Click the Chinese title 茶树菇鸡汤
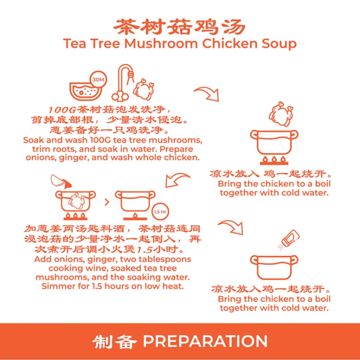[180, 27]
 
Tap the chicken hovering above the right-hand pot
[280, 114]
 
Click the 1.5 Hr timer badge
[160, 212]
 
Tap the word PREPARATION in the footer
[205, 341]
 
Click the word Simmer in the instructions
[54, 286]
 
